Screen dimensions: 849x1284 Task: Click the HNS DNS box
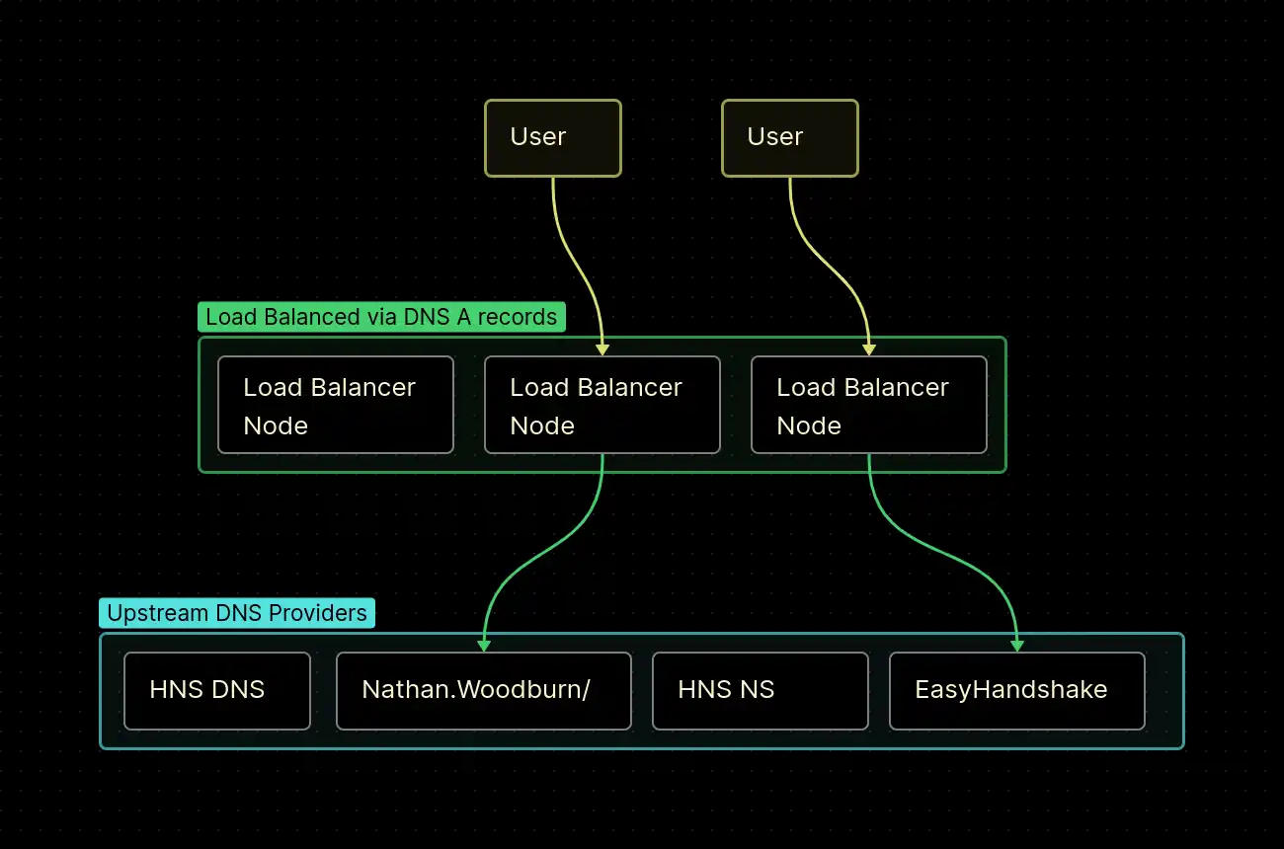click(x=217, y=690)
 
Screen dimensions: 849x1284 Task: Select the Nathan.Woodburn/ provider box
click(x=483, y=690)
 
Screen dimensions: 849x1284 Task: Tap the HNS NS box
click(x=760, y=690)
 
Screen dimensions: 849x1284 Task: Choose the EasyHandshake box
click(x=1016, y=690)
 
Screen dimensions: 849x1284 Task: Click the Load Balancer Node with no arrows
click(x=335, y=405)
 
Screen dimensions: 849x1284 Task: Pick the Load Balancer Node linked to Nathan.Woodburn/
click(x=602, y=405)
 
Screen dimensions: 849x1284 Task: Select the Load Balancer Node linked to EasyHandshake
click(x=868, y=405)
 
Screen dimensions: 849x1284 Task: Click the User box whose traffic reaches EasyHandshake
click(x=789, y=138)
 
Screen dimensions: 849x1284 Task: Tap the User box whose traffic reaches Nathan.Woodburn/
click(x=552, y=138)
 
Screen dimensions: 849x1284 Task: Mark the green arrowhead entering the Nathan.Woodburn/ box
click(x=484, y=646)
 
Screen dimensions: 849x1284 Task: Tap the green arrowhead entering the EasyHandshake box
click(x=1017, y=646)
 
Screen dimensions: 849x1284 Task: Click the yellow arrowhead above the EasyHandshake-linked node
click(x=869, y=349)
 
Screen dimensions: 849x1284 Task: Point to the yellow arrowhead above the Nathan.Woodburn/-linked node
click(x=602, y=349)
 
